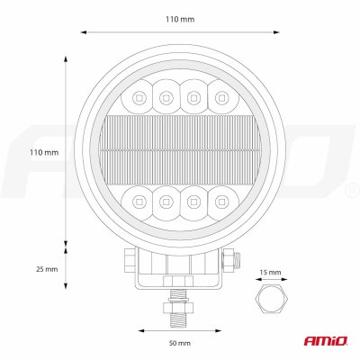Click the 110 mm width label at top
coord(180,20)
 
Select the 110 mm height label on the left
coord(44,152)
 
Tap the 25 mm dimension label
coord(47,269)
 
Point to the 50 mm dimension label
coord(179,343)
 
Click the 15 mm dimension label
coord(270,273)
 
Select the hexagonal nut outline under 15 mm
coord(272,298)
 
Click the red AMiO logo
coord(326,341)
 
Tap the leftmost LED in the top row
coord(139,97)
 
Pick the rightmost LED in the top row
coord(221,97)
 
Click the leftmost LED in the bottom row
coord(139,201)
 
